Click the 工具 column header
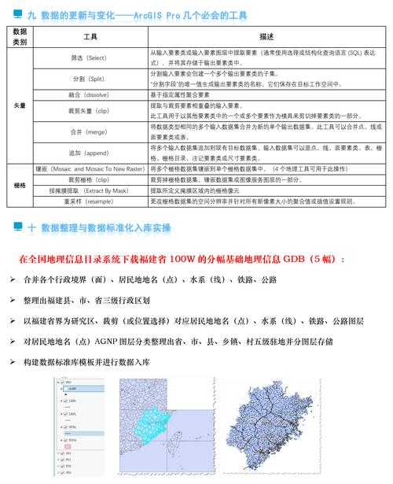(90, 36)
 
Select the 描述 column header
(266, 36)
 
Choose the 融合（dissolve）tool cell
(90, 94)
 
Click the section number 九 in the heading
(31, 15)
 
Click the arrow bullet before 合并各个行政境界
(13, 279)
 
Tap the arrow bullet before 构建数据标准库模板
(13, 362)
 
